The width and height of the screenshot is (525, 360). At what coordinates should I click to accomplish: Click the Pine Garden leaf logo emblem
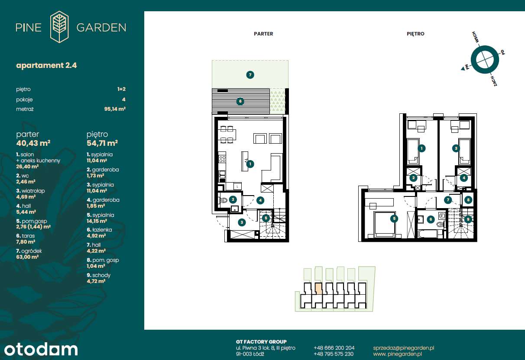coord(59,27)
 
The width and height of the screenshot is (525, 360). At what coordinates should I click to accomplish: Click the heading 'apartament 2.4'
coord(46,65)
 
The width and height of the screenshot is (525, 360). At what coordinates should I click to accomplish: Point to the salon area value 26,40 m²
coord(27,166)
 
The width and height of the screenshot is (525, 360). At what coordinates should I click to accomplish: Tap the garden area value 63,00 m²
coord(27,257)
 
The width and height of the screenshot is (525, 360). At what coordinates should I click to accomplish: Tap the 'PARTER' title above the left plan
coord(263,34)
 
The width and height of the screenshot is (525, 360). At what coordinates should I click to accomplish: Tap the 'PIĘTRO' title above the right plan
coord(415,34)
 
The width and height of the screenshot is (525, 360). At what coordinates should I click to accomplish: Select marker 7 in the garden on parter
coord(250,75)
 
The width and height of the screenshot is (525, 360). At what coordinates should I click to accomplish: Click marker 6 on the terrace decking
coord(240,102)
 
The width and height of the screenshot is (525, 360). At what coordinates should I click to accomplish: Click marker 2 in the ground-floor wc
coord(233,199)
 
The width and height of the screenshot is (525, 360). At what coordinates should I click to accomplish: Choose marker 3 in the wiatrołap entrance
coord(242,222)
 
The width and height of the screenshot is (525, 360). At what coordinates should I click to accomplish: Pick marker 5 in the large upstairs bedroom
coord(393,219)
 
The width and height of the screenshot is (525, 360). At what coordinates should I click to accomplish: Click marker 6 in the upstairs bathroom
coord(431,219)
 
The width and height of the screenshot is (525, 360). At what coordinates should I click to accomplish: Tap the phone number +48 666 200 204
coord(334,347)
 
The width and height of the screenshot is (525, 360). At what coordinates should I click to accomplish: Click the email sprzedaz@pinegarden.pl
coord(403,347)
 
